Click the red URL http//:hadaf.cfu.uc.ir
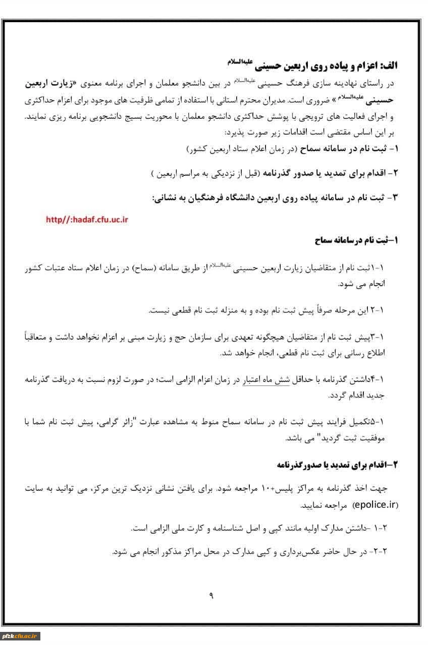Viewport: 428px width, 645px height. pos(87,219)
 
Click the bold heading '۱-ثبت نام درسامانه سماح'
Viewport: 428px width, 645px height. pos(356,240)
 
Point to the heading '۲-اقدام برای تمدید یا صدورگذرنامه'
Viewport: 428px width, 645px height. pos(338,465)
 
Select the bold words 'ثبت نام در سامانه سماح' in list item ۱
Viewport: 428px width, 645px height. pos(345,150)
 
